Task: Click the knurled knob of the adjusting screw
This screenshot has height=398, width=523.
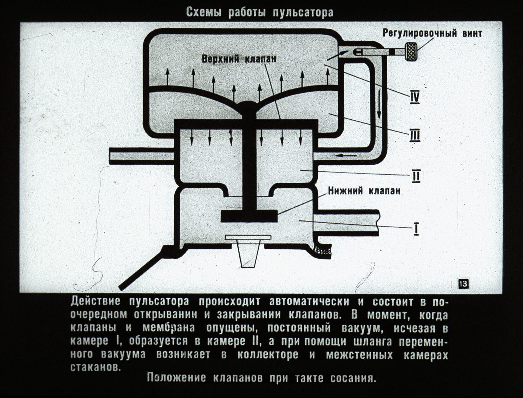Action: [411, 52]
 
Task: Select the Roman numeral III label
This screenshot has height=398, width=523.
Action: [414, 136]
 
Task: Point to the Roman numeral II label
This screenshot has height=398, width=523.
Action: [416, 177]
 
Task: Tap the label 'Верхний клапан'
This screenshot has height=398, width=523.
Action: [239, 59]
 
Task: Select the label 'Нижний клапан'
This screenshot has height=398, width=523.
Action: [364, 191]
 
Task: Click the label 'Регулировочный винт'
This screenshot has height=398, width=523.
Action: [432, 33]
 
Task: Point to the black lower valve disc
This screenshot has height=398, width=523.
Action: [249, 216]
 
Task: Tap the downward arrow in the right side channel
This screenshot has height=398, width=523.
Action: [379, 104]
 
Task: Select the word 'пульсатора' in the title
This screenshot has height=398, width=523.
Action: [303, 13]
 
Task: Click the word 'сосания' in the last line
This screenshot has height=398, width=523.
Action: [352, 378]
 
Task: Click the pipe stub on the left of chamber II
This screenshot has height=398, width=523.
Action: [142, 156]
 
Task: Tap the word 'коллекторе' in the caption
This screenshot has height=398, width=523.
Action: [268, 355]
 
